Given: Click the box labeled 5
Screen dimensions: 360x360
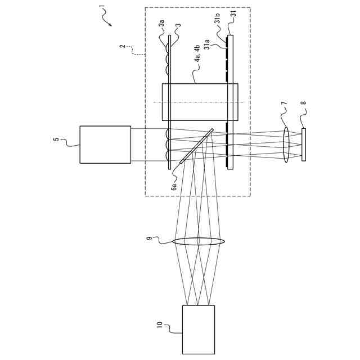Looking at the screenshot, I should pyautogui.click(x=105, y=145).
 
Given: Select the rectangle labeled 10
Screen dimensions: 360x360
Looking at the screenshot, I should pyautogui.click(x=198, y=330).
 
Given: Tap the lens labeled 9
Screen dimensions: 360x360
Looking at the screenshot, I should pyautogui.click(x=199, y=242).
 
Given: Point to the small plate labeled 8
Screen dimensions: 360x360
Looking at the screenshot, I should pyautogui.click(x=304, y=145).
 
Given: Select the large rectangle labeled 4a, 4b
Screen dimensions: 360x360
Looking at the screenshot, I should pyautogui.click(x=199, y=102).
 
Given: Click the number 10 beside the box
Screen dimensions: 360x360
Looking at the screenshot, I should pyautogui.click(x=159, y=326).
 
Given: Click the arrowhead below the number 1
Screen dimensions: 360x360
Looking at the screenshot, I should pyautogui.click(x=110, y=24).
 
